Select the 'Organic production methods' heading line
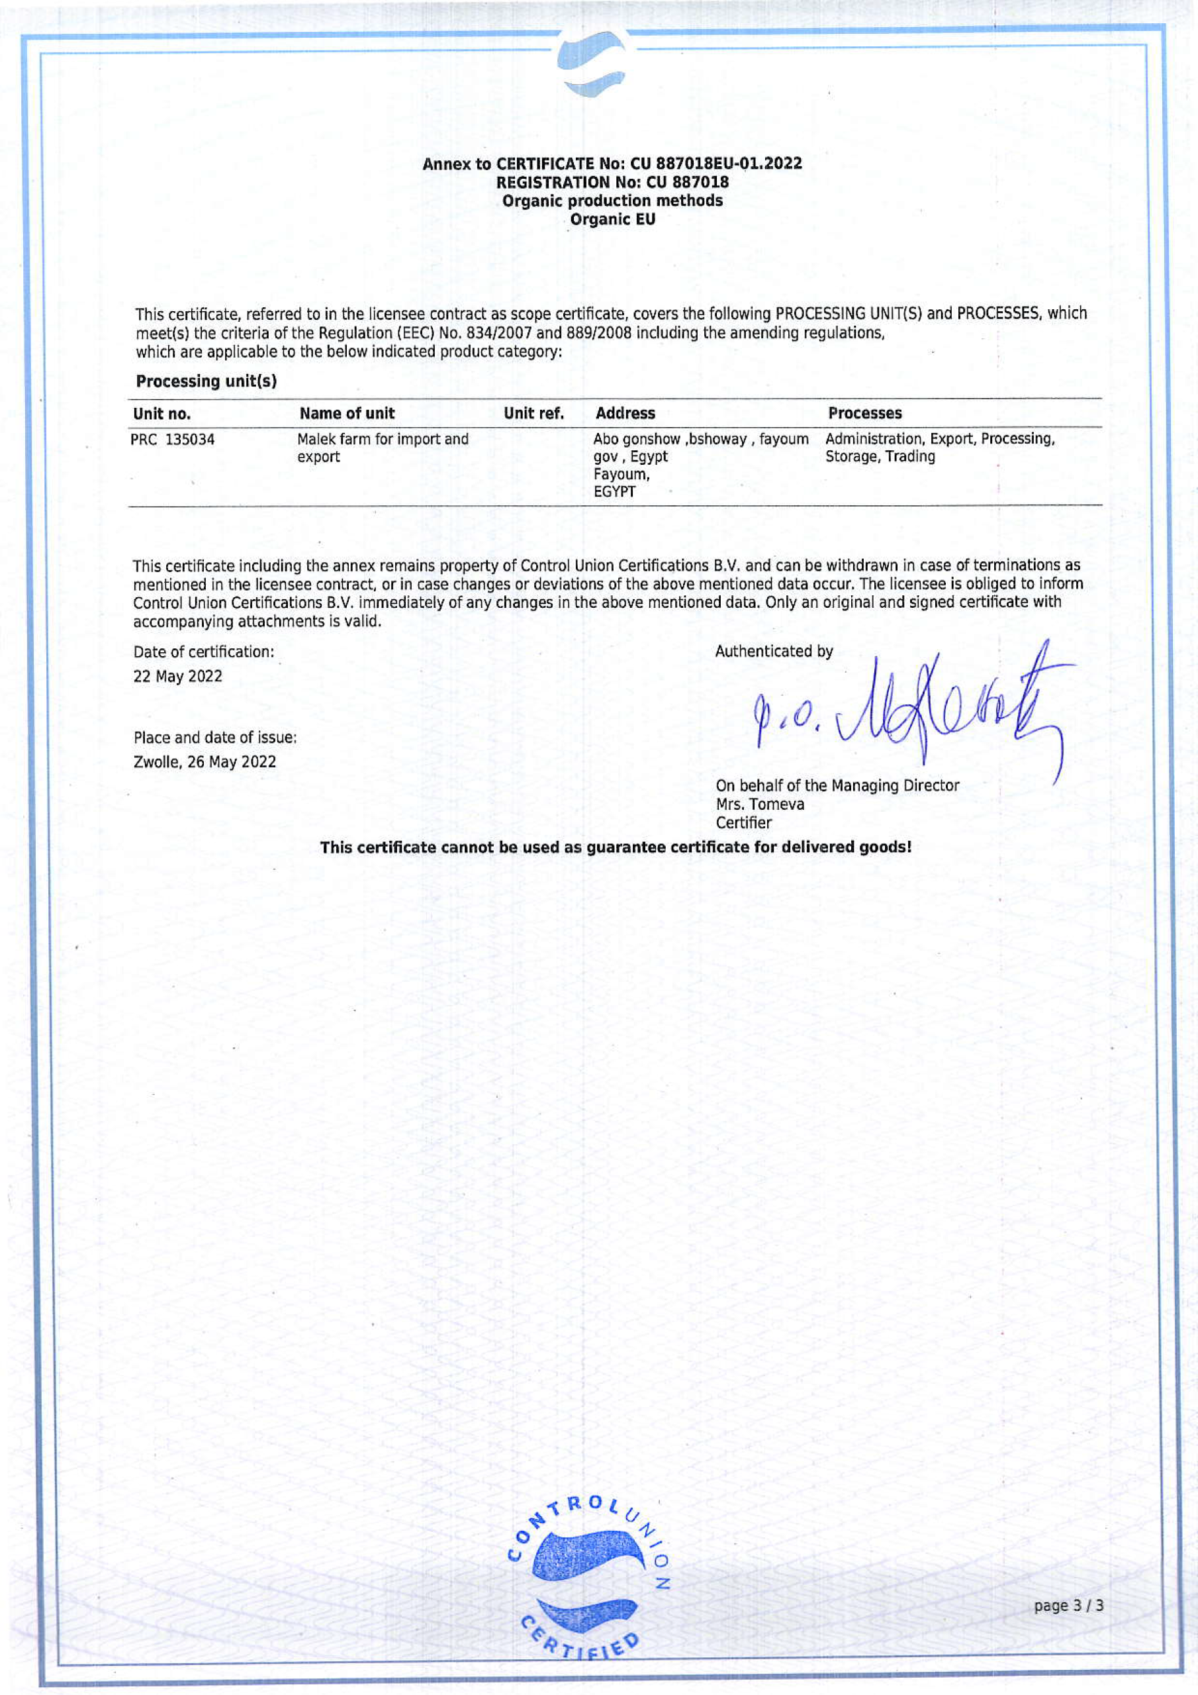pyautogui.click(x=612, y=201)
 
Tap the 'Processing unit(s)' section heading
pyautogui.click(x=206, y=381)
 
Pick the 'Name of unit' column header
pyautogui.click(x=347, y=413)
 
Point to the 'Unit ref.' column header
pyautogui.click(x=533, y=413)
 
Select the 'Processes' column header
pyautogui.click(x=864, y=413)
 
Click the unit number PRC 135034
pyautogui.click(x=173, y=440)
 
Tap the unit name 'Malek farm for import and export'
pyautogui.click(x=382, y=448)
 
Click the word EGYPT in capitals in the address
pyautogui.click(x=614, y=492)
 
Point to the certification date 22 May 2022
pyautogui.click(x=177, y=676)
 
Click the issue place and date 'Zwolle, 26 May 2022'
pyautogui.click(x=205, y=762)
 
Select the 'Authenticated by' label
pyautogui.click(x=774, y=651)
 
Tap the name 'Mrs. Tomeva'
pyautogui.click(x=760, y=804)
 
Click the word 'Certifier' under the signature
pyautogui.click(x=743, y=822)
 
